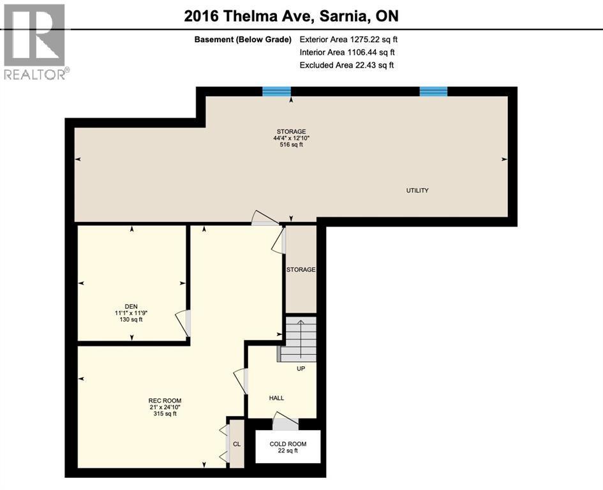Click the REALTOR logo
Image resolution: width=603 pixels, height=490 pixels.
34,41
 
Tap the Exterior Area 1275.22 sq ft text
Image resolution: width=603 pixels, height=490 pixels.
348,40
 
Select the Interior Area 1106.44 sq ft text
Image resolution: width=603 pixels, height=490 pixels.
348,52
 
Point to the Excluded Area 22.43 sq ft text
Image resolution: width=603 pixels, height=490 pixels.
346,65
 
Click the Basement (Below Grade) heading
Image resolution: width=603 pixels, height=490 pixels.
243,40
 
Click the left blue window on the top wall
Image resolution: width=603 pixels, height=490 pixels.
277,91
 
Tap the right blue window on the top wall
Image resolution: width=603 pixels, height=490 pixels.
433,91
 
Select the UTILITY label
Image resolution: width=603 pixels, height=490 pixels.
417,191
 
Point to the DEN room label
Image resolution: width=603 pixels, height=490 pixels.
131,306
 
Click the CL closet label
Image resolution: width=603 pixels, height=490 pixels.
236,444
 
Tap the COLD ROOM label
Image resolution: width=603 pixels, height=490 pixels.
288,444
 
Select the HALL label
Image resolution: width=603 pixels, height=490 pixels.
276,398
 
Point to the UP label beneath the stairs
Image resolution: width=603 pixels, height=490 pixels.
301,369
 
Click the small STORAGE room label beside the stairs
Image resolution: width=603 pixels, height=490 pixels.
301,270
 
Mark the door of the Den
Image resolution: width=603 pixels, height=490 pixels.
183,323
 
